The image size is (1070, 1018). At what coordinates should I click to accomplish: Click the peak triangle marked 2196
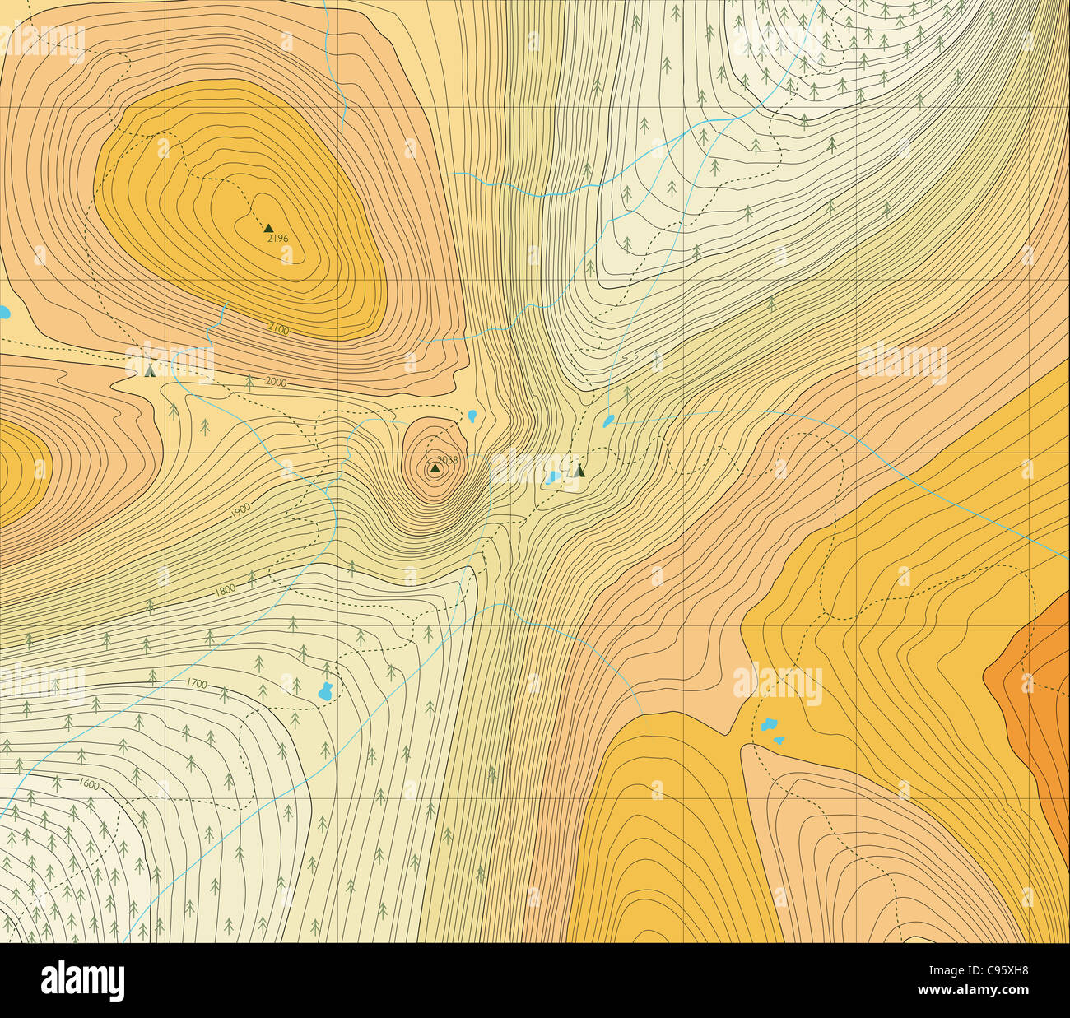pos(267,228)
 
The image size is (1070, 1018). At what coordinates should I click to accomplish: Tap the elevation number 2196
pos(278,239)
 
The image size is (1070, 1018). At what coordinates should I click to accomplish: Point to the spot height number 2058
pos(447,460)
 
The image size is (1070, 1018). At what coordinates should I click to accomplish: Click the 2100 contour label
pos(278,329)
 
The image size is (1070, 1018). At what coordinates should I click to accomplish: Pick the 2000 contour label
pos(276,383)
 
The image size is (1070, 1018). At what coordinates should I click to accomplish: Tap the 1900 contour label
pos(240,511)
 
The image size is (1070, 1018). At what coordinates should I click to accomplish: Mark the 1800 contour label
pos(225,590)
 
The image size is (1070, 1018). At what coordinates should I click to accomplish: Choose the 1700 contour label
pos(197,683)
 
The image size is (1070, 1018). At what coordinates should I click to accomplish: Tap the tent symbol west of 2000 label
pos(149,370)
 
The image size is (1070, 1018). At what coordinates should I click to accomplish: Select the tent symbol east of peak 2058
pos(579,471)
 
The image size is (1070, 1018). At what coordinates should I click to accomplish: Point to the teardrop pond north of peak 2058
pos(472,416)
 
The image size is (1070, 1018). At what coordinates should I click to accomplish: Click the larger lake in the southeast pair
pos(769,724)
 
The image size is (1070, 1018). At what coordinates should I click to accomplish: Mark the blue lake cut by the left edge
pos(3,313)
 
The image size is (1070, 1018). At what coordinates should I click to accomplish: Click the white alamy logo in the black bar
pos(83,981)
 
